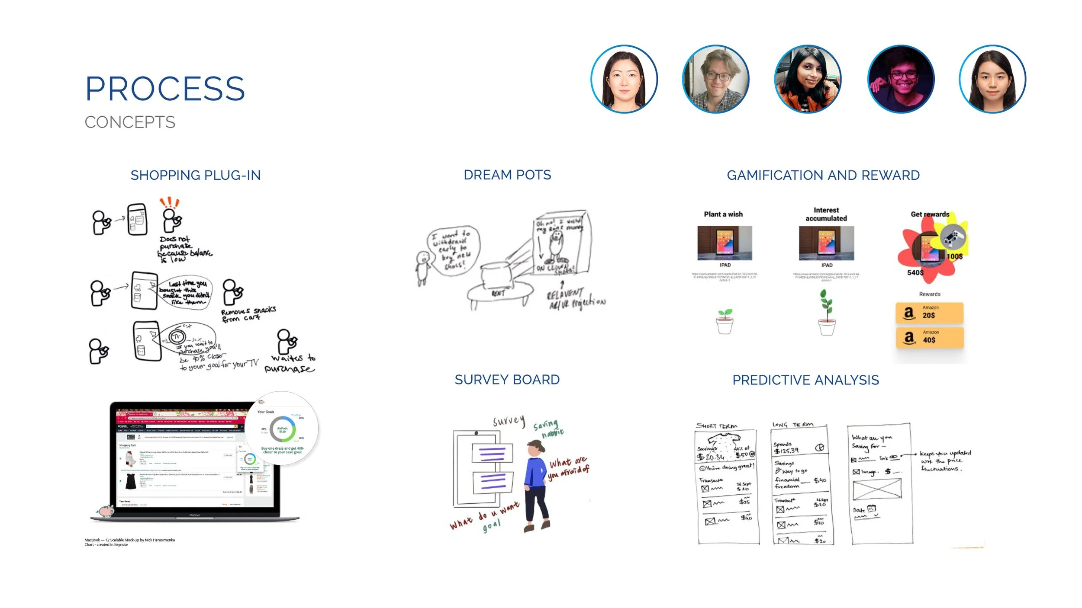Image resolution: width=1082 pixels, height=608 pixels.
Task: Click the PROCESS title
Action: [x=165, y=89]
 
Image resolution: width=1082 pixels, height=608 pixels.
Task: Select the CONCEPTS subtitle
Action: [x=130, y=122]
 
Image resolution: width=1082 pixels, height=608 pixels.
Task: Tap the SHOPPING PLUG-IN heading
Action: [x=195, y=175]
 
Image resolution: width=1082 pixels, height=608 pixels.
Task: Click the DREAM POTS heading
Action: [x=507, y=175]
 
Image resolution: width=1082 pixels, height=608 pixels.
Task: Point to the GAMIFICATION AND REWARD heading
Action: [x=823, y=175]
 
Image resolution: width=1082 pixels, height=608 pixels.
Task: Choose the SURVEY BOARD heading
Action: [x=507, y=380]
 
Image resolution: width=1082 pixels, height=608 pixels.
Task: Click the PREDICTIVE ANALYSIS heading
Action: [x=805, y=380]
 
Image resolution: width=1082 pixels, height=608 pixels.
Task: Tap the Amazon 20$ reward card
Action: [x=929, y=313]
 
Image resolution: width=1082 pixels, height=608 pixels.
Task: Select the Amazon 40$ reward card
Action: [x=929, y=337]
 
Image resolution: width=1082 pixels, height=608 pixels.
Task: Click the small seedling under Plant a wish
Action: [x=725, y=321]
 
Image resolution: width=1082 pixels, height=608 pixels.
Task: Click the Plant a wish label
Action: [x=723, y=214]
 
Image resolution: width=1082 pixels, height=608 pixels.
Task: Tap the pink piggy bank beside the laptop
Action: [x=106, y=511]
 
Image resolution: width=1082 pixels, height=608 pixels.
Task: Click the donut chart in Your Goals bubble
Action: [x=282, y=429]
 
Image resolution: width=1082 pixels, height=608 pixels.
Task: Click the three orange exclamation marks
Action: [x=169, y=202]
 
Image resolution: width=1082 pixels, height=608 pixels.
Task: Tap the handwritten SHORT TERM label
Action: [x=716, y=426]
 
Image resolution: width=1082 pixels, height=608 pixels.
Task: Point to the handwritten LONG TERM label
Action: [x=792, y=425]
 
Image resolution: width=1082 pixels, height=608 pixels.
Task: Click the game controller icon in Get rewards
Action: [x=953, y=237]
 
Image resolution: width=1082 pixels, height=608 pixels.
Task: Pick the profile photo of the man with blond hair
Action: [x=715, y=79]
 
